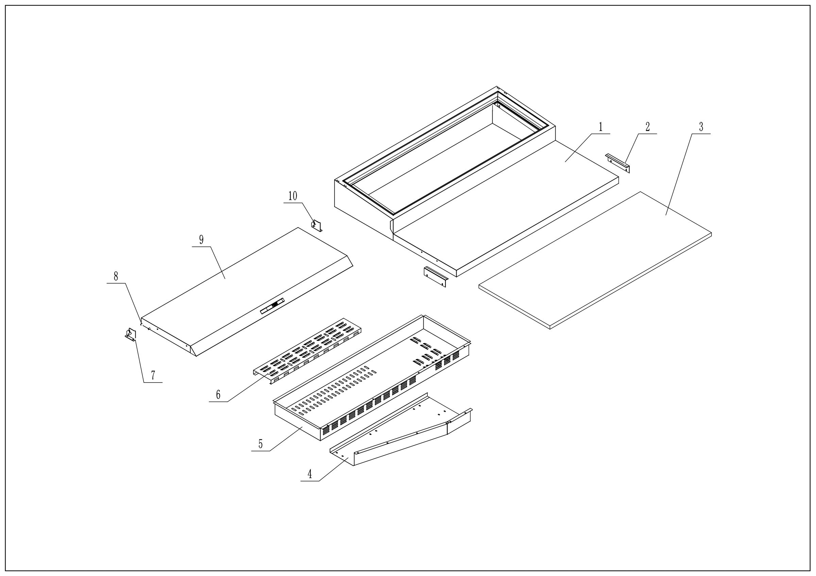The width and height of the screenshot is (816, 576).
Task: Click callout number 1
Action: pyautogui.click(x=601, y=127)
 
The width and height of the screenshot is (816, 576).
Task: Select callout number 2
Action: pyautogui.click(x=648, y=127)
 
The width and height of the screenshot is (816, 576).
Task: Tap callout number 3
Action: pyautogui.click(x=701, y=127)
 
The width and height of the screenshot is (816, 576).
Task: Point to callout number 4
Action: pyautogui.click(x=309, y=474)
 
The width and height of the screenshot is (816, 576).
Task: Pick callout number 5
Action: pyautogui.click(x=260, y=444)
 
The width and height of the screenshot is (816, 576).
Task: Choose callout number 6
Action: pyautogui.click(x=218, y=395)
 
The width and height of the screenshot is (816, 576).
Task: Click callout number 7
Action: pyautogui.click(x=153, y=376)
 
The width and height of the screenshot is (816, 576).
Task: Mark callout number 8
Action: pyautogui.click(x=116, y=276)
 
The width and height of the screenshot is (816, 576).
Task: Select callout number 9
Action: pyautogui.click(x=201, y=240)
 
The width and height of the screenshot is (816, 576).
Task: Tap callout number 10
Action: pyautogui.click(x=292, y=196)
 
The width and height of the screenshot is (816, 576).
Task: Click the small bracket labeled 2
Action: pyautogui.click(x=617, y=163)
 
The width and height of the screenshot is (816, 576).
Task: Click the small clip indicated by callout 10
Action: pyautogui.click(x=316, y=226)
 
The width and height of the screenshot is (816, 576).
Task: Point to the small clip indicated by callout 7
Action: pyautogui.click(x=131, y=334)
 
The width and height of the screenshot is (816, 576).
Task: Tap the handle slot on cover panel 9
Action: pyautogui.click(x=272, y=306)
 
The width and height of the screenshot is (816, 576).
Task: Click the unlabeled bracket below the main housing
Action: pyautogui.click(x=435, y=277)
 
